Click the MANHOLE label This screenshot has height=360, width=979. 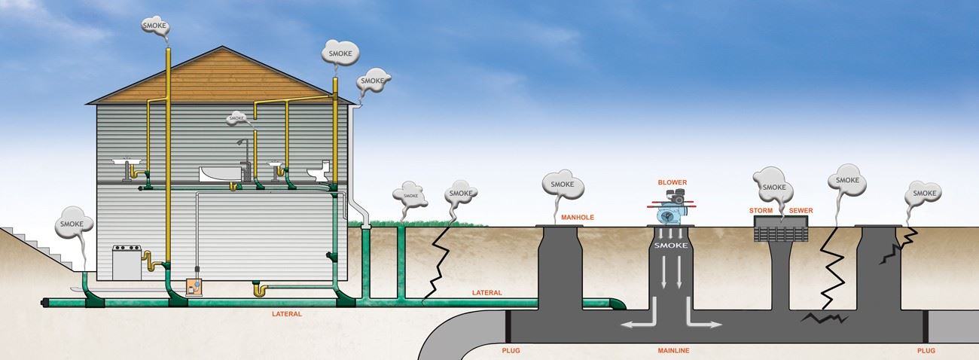pos(578,218)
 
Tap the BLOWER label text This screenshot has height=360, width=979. pos(672,182)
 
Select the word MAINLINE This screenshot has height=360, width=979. pos(673,351)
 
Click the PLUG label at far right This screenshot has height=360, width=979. pos(927,351)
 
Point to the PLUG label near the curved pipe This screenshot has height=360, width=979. pos(511,351)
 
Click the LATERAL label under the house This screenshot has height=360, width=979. pos(287,313)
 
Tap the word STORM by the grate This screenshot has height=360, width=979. pos(761,210)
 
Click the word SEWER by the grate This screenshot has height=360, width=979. pos(801,210)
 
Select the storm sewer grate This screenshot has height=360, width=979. pos(782,230)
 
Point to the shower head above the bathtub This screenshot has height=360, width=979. pos(240,142)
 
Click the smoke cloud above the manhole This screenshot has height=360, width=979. pos(563,184)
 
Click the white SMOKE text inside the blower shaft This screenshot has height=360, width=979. pos(669,246)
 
